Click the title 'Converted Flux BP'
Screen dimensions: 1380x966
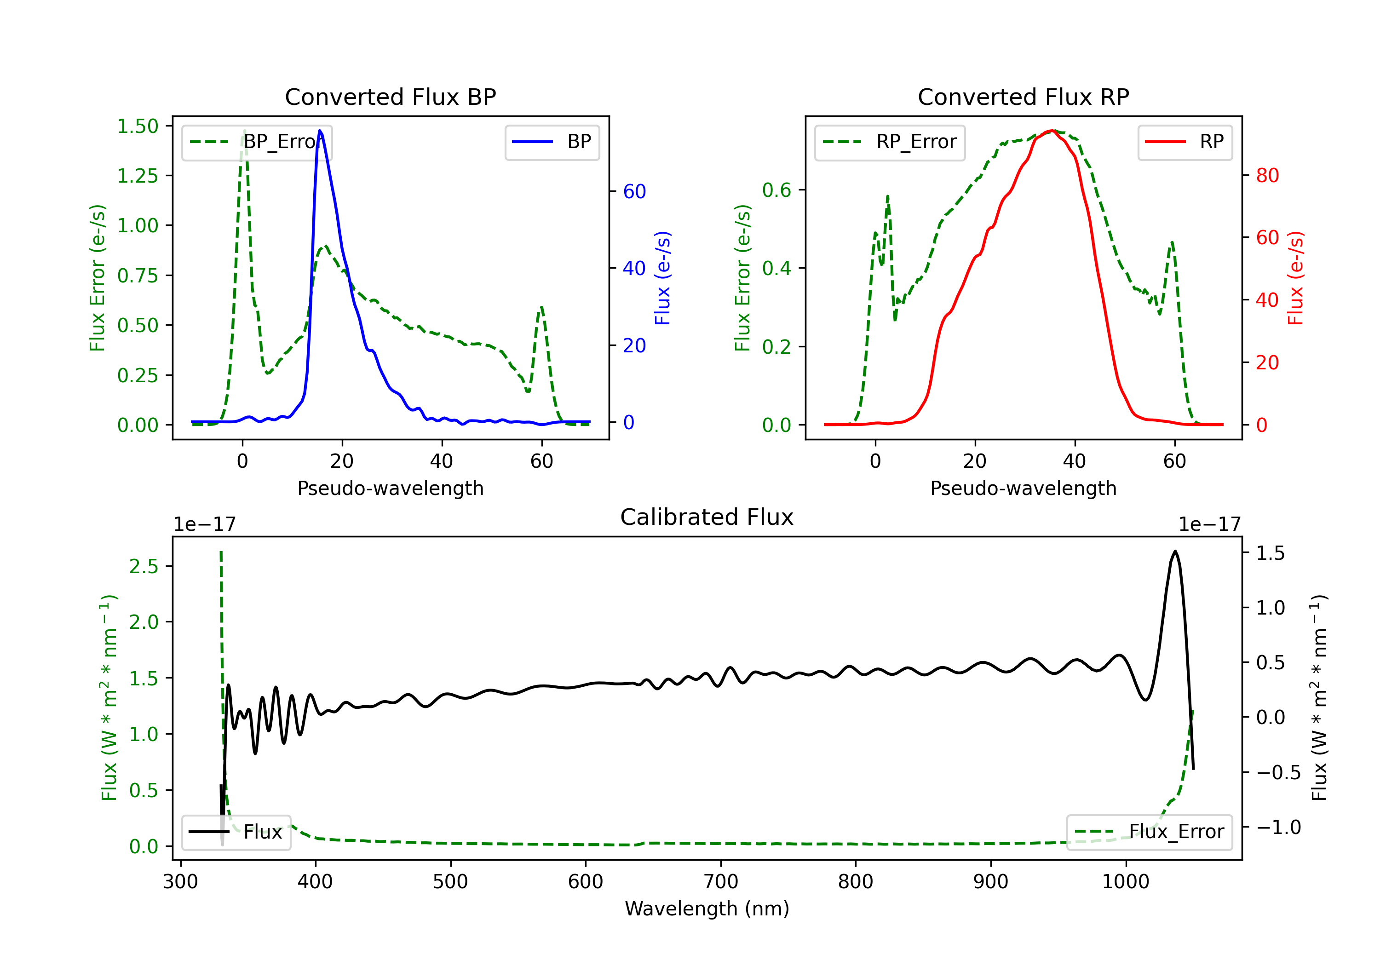(391, 97)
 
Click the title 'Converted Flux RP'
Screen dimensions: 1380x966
(1023, 97)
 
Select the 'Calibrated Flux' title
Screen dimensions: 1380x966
(707, 517)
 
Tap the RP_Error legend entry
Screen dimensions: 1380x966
(890, 142)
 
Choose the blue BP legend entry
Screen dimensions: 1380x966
(552, 142)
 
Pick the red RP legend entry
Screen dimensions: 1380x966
(1184, 142)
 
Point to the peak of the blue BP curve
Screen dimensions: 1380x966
(320, 131)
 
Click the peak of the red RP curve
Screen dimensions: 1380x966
(1052, 131)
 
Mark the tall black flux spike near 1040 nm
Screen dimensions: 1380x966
(1175, 551)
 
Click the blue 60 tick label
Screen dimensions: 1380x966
(635, 191)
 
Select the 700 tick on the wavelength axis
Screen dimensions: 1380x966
(721, 882)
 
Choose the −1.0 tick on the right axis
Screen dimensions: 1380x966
(1278, 827)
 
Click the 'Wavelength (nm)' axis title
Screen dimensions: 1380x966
(707, 909)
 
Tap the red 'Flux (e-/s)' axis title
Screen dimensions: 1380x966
(1296, 278)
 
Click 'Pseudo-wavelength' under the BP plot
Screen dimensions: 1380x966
(391, 488)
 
